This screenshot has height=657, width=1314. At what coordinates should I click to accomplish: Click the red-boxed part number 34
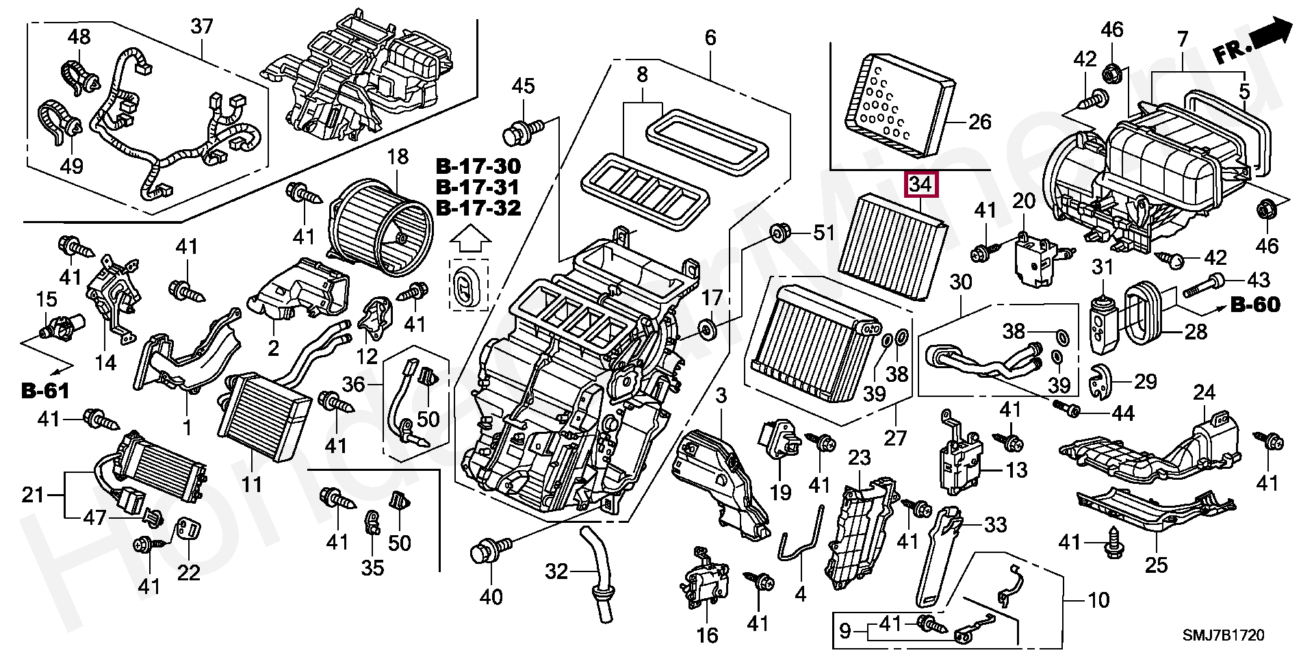(921, 184)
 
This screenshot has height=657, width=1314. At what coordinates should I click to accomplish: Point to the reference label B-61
(45, 391)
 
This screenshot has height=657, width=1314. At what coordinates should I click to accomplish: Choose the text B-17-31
(478, 187)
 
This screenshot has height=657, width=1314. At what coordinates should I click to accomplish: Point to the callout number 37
(202, 27)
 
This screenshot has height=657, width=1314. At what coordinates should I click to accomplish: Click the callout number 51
(824, 233)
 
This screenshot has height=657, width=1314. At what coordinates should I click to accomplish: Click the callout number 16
(707, 635)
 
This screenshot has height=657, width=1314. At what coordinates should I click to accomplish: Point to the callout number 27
(895, 437)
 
